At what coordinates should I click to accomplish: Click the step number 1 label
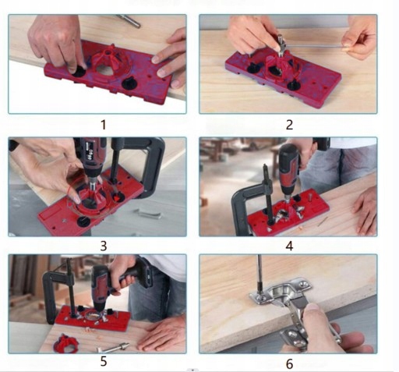tap(104, 125)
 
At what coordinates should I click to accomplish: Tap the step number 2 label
tap(289, 125)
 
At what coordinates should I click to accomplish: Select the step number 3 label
tap(104, 246)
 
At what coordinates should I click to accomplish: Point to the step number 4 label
tap(289, 246)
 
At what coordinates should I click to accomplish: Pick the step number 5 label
tap(104, 361)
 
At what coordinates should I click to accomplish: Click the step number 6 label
tap(289, 364)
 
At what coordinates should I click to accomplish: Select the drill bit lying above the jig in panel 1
tap(128, 20)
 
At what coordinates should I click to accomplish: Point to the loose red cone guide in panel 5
tap(66, 342)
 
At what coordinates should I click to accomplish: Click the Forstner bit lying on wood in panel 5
tap(112, 348)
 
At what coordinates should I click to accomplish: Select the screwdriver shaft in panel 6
tap(260, 273)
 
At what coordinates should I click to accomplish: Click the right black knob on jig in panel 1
tap(129, 83)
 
